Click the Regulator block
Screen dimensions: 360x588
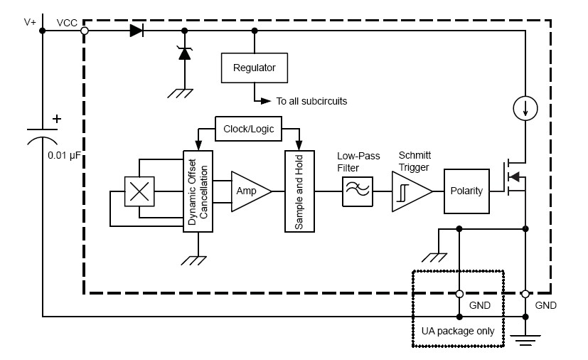[x=254, y=69]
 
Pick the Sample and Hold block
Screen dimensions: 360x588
[x=299, y=191]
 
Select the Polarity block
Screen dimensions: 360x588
[x=466, y=191]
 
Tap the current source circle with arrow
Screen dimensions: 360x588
[x=525, y=108]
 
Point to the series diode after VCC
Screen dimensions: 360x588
[x=136, y=31]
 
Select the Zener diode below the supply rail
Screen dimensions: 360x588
[x=185, y=53]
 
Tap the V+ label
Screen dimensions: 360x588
[x=30, y=22]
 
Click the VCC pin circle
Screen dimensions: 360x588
[x=85, y=31]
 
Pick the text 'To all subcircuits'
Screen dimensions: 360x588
[x=312, y=101]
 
